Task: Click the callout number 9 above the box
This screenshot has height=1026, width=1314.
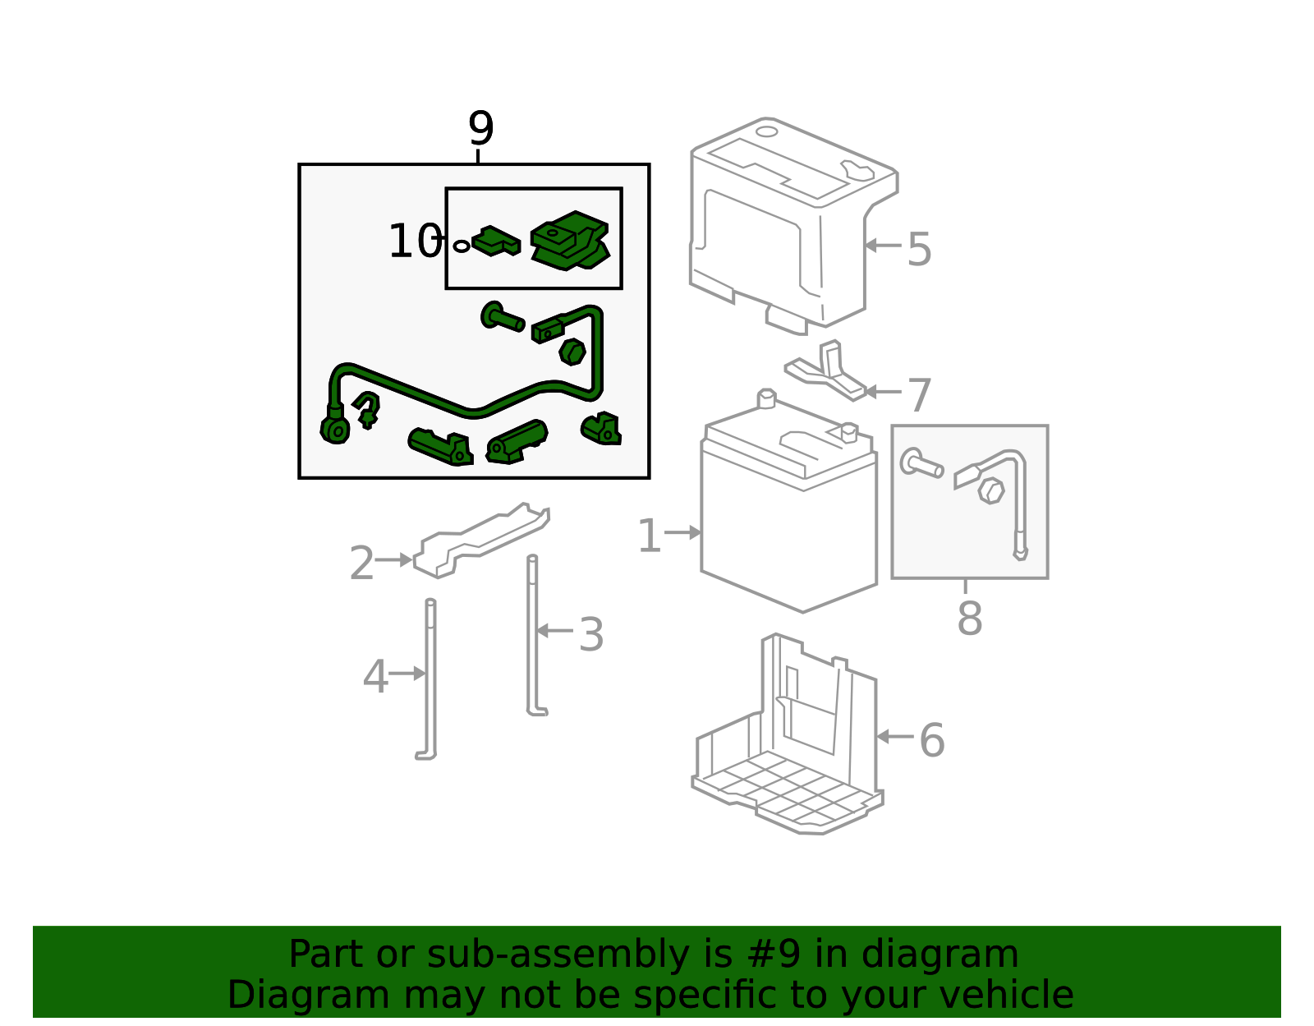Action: pos(480,128)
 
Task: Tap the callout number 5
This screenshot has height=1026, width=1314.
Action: pos(919,249)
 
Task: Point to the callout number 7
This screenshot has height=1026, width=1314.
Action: pos(920,395)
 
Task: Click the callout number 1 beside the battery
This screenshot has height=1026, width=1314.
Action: pos(650,536)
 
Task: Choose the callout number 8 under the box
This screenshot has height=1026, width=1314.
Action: pos(970,619)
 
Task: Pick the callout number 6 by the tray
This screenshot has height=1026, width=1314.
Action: pos(932,740)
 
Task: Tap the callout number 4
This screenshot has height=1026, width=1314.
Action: pos(375,677)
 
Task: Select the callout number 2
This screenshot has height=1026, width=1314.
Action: pos(362,563)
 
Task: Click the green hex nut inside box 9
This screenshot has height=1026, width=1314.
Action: pos(572,352)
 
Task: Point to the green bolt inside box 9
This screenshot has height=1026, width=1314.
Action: pos(501,317)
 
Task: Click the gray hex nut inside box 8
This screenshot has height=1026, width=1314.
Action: pos(991,490)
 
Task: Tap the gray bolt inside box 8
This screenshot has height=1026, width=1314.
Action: pos(921,464)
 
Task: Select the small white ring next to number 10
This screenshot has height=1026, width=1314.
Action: pos(462,246)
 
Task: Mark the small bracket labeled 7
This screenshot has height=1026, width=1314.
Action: pos(826,371)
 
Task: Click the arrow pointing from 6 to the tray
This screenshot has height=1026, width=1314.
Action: pos(895,736)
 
